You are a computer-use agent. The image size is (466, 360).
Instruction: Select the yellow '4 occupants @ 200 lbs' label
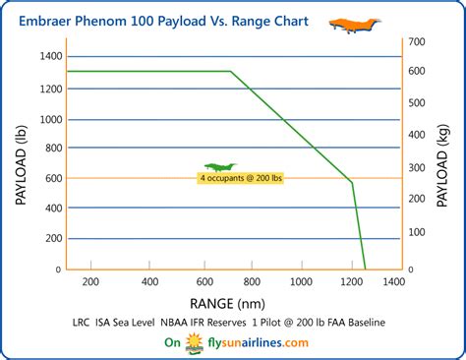coord(241,179)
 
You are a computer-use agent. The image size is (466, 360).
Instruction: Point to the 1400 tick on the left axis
coord(48,57)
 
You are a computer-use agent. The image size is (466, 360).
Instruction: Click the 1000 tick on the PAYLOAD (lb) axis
coord(48,118)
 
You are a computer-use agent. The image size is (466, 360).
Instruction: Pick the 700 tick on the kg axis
coord(418,40)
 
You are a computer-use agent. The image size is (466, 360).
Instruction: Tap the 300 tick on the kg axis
coord(418,166)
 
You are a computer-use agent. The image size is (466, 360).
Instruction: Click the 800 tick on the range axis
coord(251,282)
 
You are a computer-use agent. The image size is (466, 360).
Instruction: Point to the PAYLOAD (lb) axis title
coord(21,163)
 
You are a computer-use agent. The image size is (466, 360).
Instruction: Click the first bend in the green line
coord(231,71)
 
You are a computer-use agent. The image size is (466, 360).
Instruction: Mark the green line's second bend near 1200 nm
coord(351,182)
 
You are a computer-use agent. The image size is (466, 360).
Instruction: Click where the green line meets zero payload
coord(365,270)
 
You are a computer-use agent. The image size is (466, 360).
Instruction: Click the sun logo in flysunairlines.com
coord(193,343)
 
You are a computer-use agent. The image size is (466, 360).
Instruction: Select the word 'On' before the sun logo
coord(172,343)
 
